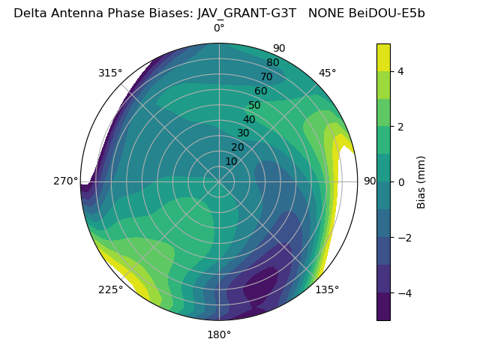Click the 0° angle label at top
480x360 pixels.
tap(219, 28)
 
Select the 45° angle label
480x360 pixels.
tap(327, 73)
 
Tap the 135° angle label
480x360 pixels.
tap(327, 289)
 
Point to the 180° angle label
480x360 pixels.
tap(219, 334)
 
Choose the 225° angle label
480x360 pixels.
tap(110, 290)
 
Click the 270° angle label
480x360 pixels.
tap(66, 181)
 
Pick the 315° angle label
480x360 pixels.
tap(110, 73)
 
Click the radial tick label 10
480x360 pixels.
tap(231, 161)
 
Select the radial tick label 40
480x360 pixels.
tap(249, 120)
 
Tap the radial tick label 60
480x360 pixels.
tap(261, 91)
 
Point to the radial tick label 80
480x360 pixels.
tap(273, 63)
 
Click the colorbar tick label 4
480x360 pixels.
tap(401, 72)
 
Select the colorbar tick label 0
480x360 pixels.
tap(401, 182)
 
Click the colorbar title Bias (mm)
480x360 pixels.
tap(421, 182)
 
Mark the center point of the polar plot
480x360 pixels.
tap(219, 181)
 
